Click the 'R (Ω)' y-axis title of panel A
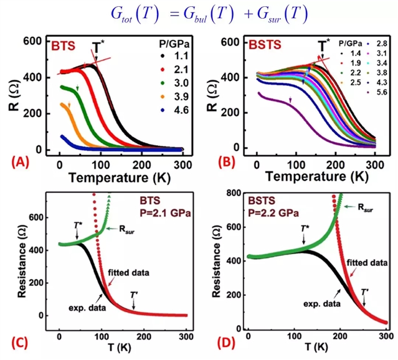(17, 95)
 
